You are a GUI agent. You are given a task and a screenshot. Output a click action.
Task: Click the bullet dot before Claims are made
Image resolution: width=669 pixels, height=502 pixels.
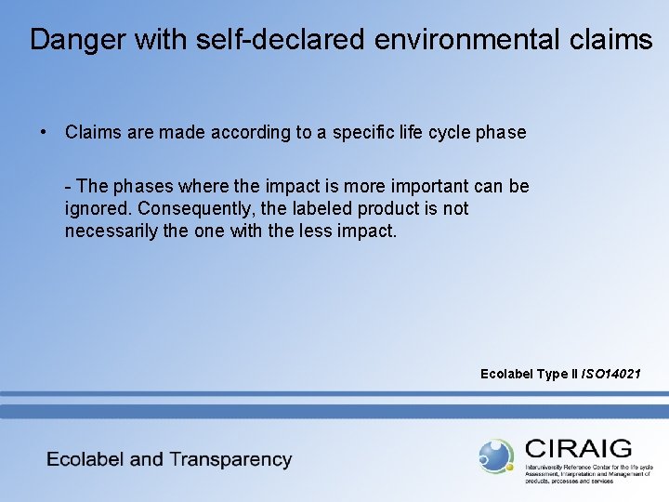[44, 132]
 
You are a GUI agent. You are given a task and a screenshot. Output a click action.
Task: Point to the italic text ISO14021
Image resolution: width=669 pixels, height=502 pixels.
[610, 374]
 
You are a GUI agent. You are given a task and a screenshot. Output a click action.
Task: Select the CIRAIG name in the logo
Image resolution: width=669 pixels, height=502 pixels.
[577, 448]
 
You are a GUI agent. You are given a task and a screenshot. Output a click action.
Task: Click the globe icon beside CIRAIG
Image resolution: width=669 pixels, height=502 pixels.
[496, 456]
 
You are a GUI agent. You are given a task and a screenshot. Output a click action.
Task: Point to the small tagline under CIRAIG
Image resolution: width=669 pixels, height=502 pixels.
[588, 473]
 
